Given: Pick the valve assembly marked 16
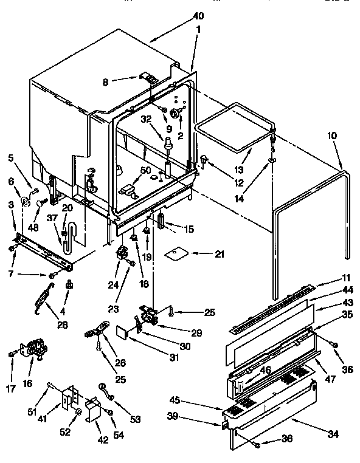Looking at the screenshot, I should (x=32, y=351).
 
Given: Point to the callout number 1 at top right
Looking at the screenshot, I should (x=198, y=29).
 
